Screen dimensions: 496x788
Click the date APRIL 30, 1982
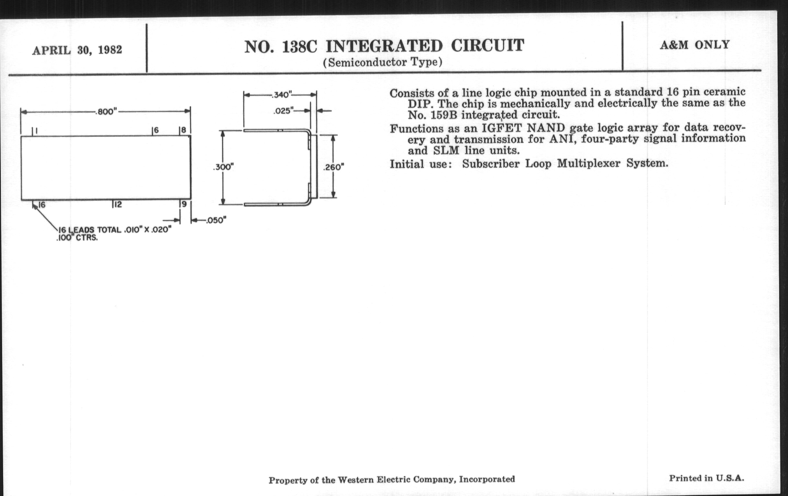(x=77, y=50)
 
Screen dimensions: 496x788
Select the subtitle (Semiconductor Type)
(x=383, y=62)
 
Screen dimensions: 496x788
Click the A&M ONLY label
(x=694, y=45)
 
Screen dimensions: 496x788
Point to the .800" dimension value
(x=106, y=112)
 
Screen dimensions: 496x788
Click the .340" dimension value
(x=281, y=95)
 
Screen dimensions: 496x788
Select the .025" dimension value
(x=283, y=111)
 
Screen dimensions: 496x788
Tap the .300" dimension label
(x=223, y=167)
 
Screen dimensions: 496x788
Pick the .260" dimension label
(x=333, y=167)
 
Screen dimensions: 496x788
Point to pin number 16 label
(x=41, y=205)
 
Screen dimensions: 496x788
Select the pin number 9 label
(x=184, y=204)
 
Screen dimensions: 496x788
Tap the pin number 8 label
(x=184, y=130)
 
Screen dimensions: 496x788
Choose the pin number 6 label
(x=156, y=130)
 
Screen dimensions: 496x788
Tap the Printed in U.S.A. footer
(x=706, y=478)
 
